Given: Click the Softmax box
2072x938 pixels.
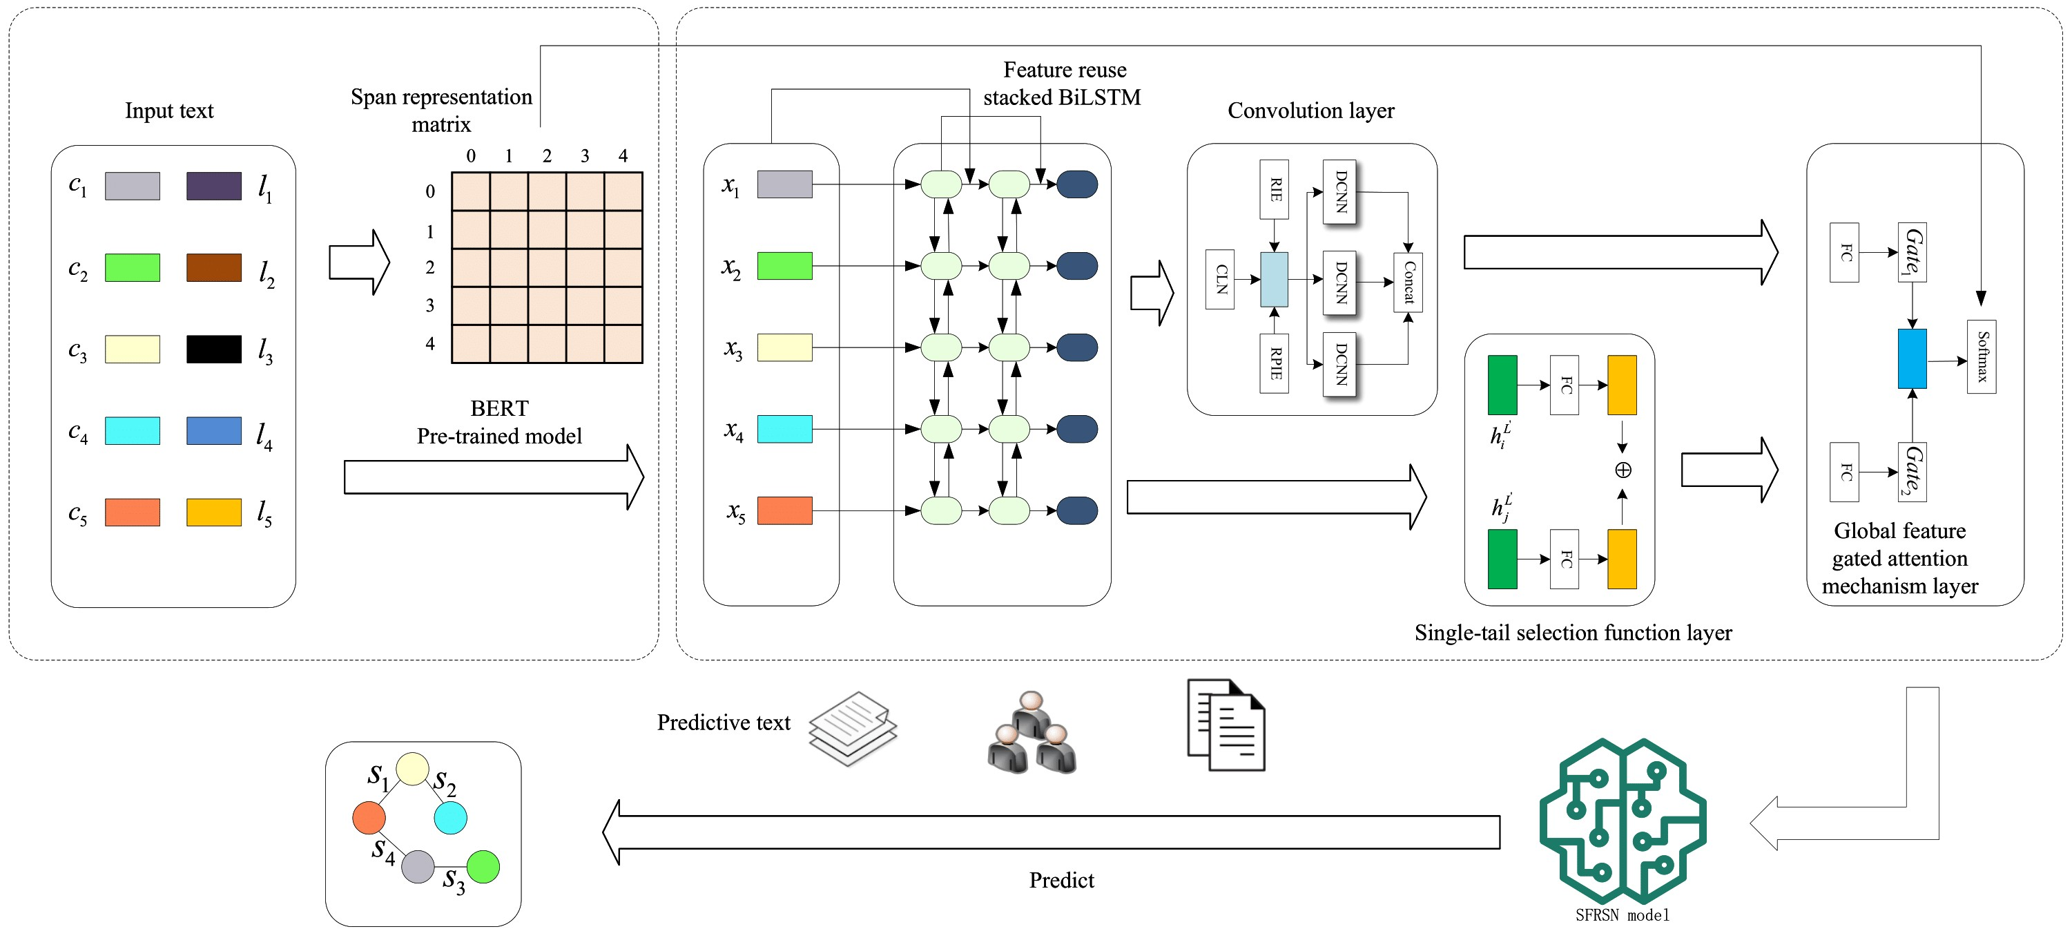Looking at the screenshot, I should click(1981, 357).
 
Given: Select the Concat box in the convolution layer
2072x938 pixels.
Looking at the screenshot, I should click(1408, 283).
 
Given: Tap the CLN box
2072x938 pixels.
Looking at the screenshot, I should click(1220, 279).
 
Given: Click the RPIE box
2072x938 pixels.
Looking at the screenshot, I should click(1274, 363).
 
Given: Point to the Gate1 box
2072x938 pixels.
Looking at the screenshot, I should click(1912, 253).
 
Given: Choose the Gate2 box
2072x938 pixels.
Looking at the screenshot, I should click(1912, 471).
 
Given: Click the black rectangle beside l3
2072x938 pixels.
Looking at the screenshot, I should click(214, 349).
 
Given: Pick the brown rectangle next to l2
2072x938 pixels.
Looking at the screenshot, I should click(214, 268).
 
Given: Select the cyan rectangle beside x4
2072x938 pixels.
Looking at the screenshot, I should click(784, 429).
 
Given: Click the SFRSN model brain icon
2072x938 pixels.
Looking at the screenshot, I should click(1623, 821).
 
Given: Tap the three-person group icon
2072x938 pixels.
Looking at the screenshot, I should click(1032, 734).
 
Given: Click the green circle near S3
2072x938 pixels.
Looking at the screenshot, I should click(483, 866).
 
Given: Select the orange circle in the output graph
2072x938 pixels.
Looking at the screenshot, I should click(369, 817).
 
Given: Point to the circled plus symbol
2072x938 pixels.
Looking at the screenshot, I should click(1623, 470).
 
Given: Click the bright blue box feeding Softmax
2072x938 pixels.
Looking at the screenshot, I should click(1912, 358).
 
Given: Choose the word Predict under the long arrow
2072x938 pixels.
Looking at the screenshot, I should click(1061, 880).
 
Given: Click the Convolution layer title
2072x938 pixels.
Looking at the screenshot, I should click(1310, 111).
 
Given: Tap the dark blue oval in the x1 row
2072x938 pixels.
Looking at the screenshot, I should click(1077, 184).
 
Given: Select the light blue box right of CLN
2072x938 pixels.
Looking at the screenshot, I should click(1274, 279).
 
